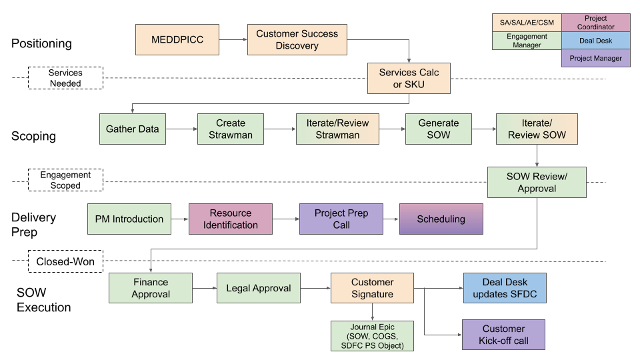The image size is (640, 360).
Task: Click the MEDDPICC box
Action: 177,40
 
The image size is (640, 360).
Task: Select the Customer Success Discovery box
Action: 297,40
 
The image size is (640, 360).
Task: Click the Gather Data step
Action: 133,129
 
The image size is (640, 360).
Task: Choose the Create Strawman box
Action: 231,129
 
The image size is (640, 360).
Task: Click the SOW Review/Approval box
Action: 537,181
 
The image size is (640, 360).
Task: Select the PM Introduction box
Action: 129,219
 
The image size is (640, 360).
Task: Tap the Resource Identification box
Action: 231,219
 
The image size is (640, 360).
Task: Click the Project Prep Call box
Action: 341,219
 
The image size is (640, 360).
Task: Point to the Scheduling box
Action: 441,219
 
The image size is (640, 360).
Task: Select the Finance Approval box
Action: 151,289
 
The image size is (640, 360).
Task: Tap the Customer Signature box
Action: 372,289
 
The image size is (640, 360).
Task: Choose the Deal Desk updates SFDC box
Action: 505,289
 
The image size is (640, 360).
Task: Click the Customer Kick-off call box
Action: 503,335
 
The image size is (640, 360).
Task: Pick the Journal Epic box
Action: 372,335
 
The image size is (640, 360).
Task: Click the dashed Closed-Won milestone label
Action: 65,261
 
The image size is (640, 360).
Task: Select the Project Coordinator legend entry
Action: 595,22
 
